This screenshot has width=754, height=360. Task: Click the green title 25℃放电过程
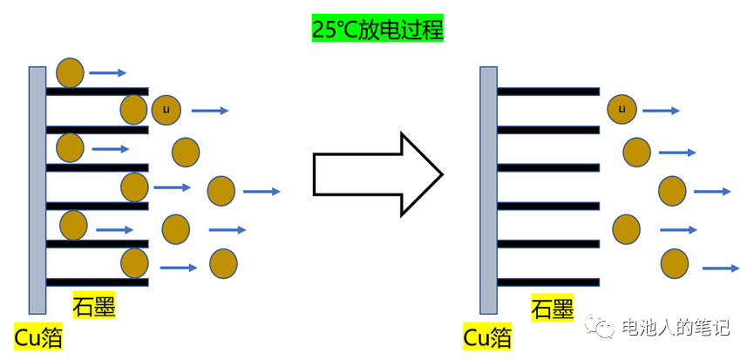[377, 29]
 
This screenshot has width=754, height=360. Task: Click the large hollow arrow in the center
[377, 173]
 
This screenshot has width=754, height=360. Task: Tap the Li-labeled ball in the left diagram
[166, 109]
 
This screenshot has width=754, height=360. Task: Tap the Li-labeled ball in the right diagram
[622, 109]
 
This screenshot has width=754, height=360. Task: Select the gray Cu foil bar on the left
[37, 189]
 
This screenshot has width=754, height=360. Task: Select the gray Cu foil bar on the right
[488, 189]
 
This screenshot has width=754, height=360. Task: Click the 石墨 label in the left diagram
[94, 306]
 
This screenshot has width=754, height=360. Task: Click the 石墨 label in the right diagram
[552, 308]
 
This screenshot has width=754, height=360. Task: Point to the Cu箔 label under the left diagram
[38, 337]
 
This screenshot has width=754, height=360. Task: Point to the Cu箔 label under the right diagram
[487, 337]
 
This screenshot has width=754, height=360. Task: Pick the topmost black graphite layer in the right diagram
[548, 92]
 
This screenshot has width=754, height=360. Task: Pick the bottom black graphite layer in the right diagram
[548, 282]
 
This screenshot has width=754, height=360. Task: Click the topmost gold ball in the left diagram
[70, 72]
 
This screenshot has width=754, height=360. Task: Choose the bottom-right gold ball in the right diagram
[675, 263]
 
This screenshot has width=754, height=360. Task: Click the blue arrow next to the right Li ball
[662, 111]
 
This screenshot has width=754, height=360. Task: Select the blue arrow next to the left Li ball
[210, 111]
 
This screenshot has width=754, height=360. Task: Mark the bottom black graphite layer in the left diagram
[97, 282]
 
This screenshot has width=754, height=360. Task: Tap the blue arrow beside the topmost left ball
[108, 73]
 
